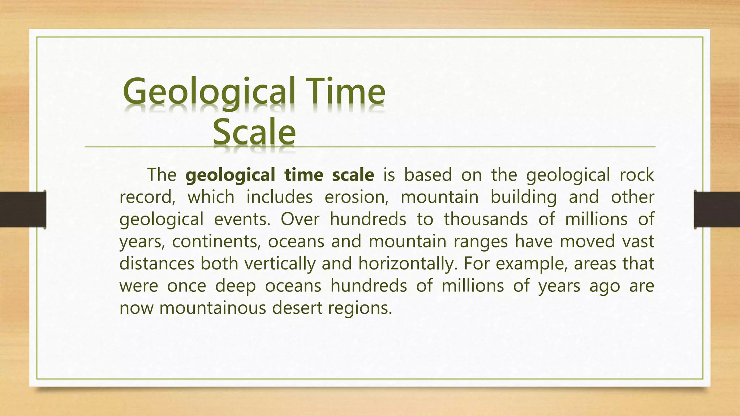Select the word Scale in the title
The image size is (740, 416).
(254, 131)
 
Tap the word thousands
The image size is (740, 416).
(486, 219)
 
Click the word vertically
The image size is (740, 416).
(280, 264)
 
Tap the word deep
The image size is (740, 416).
(236, 286)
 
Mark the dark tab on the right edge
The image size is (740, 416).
(717, 209)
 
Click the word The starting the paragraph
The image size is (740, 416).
(162, 175)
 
